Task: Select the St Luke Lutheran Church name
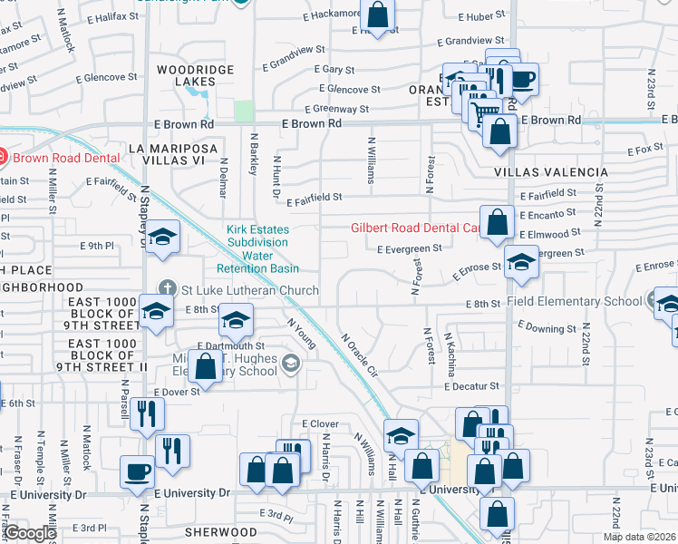249,290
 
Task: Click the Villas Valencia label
550,172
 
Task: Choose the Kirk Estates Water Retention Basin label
257,249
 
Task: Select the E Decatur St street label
472,386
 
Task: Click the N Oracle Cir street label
358,355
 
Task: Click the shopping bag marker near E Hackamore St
377,15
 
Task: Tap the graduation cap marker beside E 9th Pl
163,238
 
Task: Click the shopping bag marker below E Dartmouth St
206,367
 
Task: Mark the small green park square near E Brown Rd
243,111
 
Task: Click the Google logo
30,533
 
